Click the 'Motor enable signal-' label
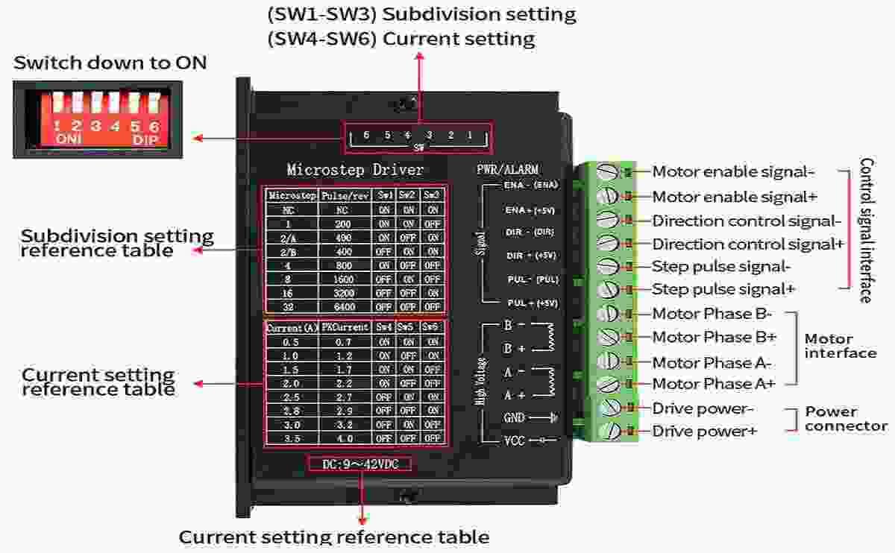[x=732, y=172]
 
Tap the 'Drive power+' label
[x=705, y=432]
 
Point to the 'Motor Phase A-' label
[x=712, y=363]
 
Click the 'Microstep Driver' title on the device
[x=355, y=171]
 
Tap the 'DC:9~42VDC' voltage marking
[x=359, y=464]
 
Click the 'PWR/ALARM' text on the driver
[x=507, y=170]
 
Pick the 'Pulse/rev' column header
[x=345, y=195]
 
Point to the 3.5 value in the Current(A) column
[x=292, y=439]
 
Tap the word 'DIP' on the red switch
[x=146, y=140]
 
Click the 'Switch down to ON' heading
[x=110, y=63]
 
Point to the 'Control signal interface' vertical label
[x=866, y=230]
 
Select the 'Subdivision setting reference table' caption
[x=117, y=243]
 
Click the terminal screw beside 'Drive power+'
[x=611, y=431]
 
